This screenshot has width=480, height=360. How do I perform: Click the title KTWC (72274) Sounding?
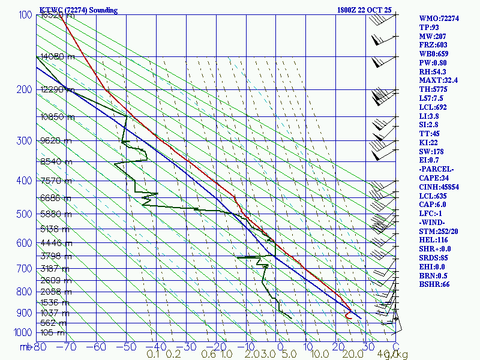pos(78,10)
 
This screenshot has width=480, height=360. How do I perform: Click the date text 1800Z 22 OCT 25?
pos(365,10)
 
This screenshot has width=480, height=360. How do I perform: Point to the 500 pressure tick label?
pos(23,214)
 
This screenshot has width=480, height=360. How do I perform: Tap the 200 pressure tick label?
pos(23,90)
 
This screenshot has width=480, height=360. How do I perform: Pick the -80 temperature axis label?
pos(40,346)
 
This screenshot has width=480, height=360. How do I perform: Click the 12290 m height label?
pos(58,90)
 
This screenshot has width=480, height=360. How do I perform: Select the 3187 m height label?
pos(55,269)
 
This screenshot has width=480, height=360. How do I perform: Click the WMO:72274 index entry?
pos(439,19)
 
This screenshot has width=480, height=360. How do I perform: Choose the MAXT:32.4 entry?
pos(439,80)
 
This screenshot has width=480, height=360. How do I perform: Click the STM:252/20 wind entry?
pos(439,232)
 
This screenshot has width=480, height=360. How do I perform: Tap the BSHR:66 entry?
pos(434,284)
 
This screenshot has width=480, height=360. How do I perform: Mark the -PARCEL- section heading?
pos(436,169)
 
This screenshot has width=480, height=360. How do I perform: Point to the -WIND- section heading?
pos(433,223)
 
